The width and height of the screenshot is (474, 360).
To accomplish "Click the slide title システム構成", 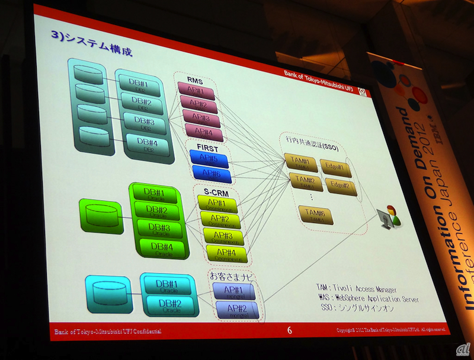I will (95, 48).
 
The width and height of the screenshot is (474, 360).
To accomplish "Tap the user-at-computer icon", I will (388, 216).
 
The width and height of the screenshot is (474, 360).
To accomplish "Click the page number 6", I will (290, 330).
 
